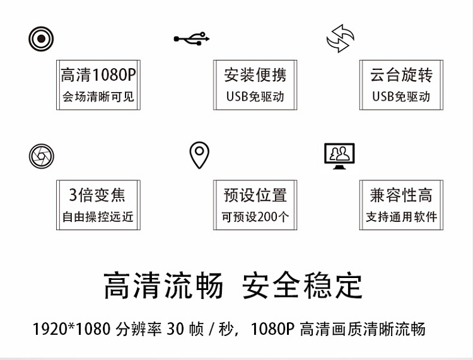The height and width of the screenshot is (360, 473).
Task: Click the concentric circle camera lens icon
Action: point(41,39)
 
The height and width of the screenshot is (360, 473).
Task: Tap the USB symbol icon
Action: point(190,39)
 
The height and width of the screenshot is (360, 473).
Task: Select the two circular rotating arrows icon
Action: point(341,38)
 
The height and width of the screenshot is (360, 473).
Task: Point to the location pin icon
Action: point(199,154)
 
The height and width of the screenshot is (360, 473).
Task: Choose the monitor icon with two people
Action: point(339,156)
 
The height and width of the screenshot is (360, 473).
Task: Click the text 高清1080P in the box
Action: point(98,76)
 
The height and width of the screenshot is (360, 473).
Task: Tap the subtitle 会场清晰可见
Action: point(98,97)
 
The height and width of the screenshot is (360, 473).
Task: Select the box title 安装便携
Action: point(255,76)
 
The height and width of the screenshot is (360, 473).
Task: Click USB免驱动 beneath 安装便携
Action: point(255,97)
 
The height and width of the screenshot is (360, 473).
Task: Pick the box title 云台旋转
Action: point(401,76)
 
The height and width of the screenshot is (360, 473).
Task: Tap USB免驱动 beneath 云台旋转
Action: point(401,97)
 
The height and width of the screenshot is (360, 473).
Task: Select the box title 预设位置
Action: point(255,195)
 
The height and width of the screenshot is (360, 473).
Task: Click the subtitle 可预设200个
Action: point(255,217)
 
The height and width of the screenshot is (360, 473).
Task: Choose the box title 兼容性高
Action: point(401,195)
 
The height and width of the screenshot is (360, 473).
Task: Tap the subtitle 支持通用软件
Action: point(401,217)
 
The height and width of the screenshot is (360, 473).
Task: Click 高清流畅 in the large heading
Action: point(163,286)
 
